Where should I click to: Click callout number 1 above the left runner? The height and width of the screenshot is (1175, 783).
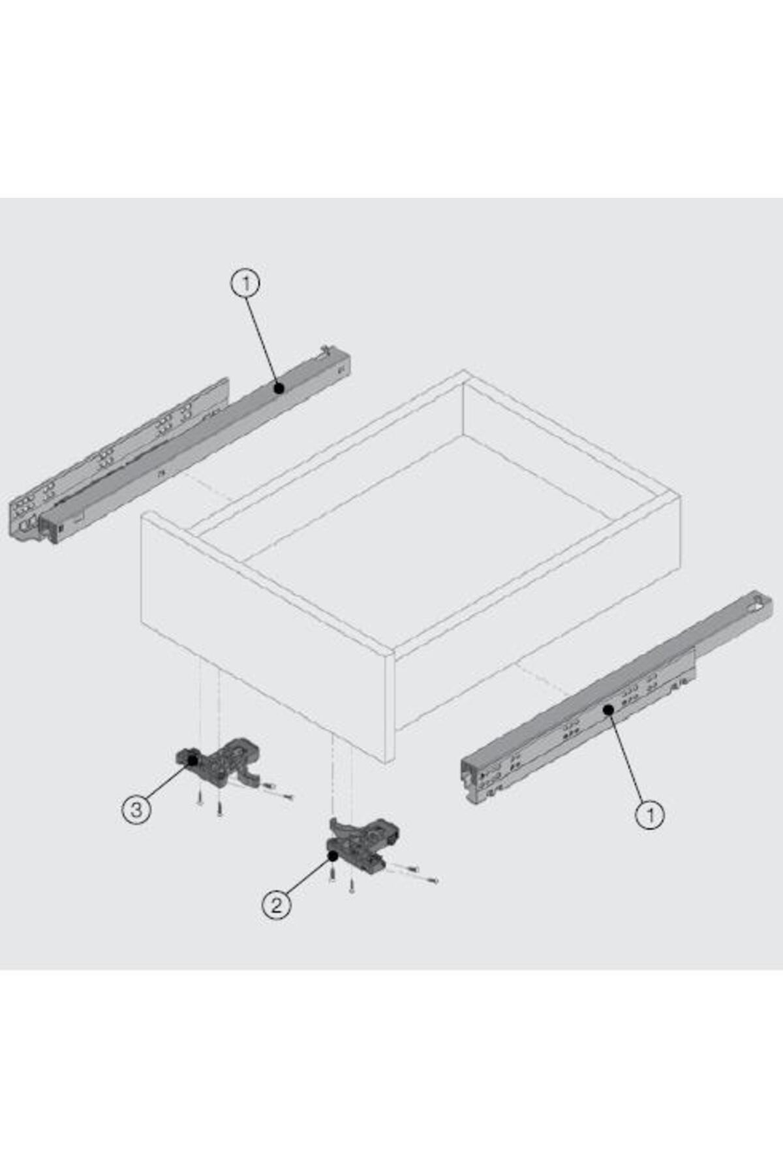click(245, 284)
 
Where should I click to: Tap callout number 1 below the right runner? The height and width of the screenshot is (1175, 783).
click(650, 815)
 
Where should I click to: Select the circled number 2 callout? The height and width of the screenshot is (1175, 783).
click(276, 905)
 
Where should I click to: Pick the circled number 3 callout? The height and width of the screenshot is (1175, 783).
click(136, 810)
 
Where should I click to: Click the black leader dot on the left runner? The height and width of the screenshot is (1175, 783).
click(279, 388)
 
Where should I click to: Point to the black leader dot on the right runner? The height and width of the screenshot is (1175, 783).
click(608, 709)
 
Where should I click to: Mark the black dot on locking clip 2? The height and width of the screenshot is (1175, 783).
click(333, 855)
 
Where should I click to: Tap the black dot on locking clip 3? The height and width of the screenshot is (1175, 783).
click(193, 760)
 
